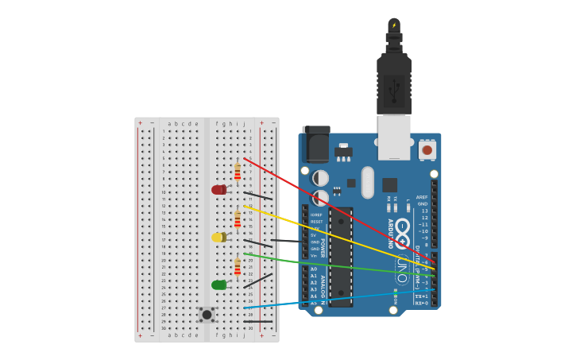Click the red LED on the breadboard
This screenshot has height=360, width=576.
click(x=218, y=190)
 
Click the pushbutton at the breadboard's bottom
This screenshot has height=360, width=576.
click(x=207, y=315)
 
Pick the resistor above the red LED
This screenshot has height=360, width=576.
click(x=237, y=171)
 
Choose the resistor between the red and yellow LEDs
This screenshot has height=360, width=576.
click(x=237, y=219)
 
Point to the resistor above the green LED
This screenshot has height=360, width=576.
click(x=237, y=266)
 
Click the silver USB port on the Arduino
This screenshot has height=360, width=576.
click(x=393, y=137)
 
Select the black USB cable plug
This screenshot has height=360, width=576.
click(x=393, y=83)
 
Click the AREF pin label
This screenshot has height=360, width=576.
click(x=422, y=197)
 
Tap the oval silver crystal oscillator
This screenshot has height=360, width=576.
click(x=366, y=182)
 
